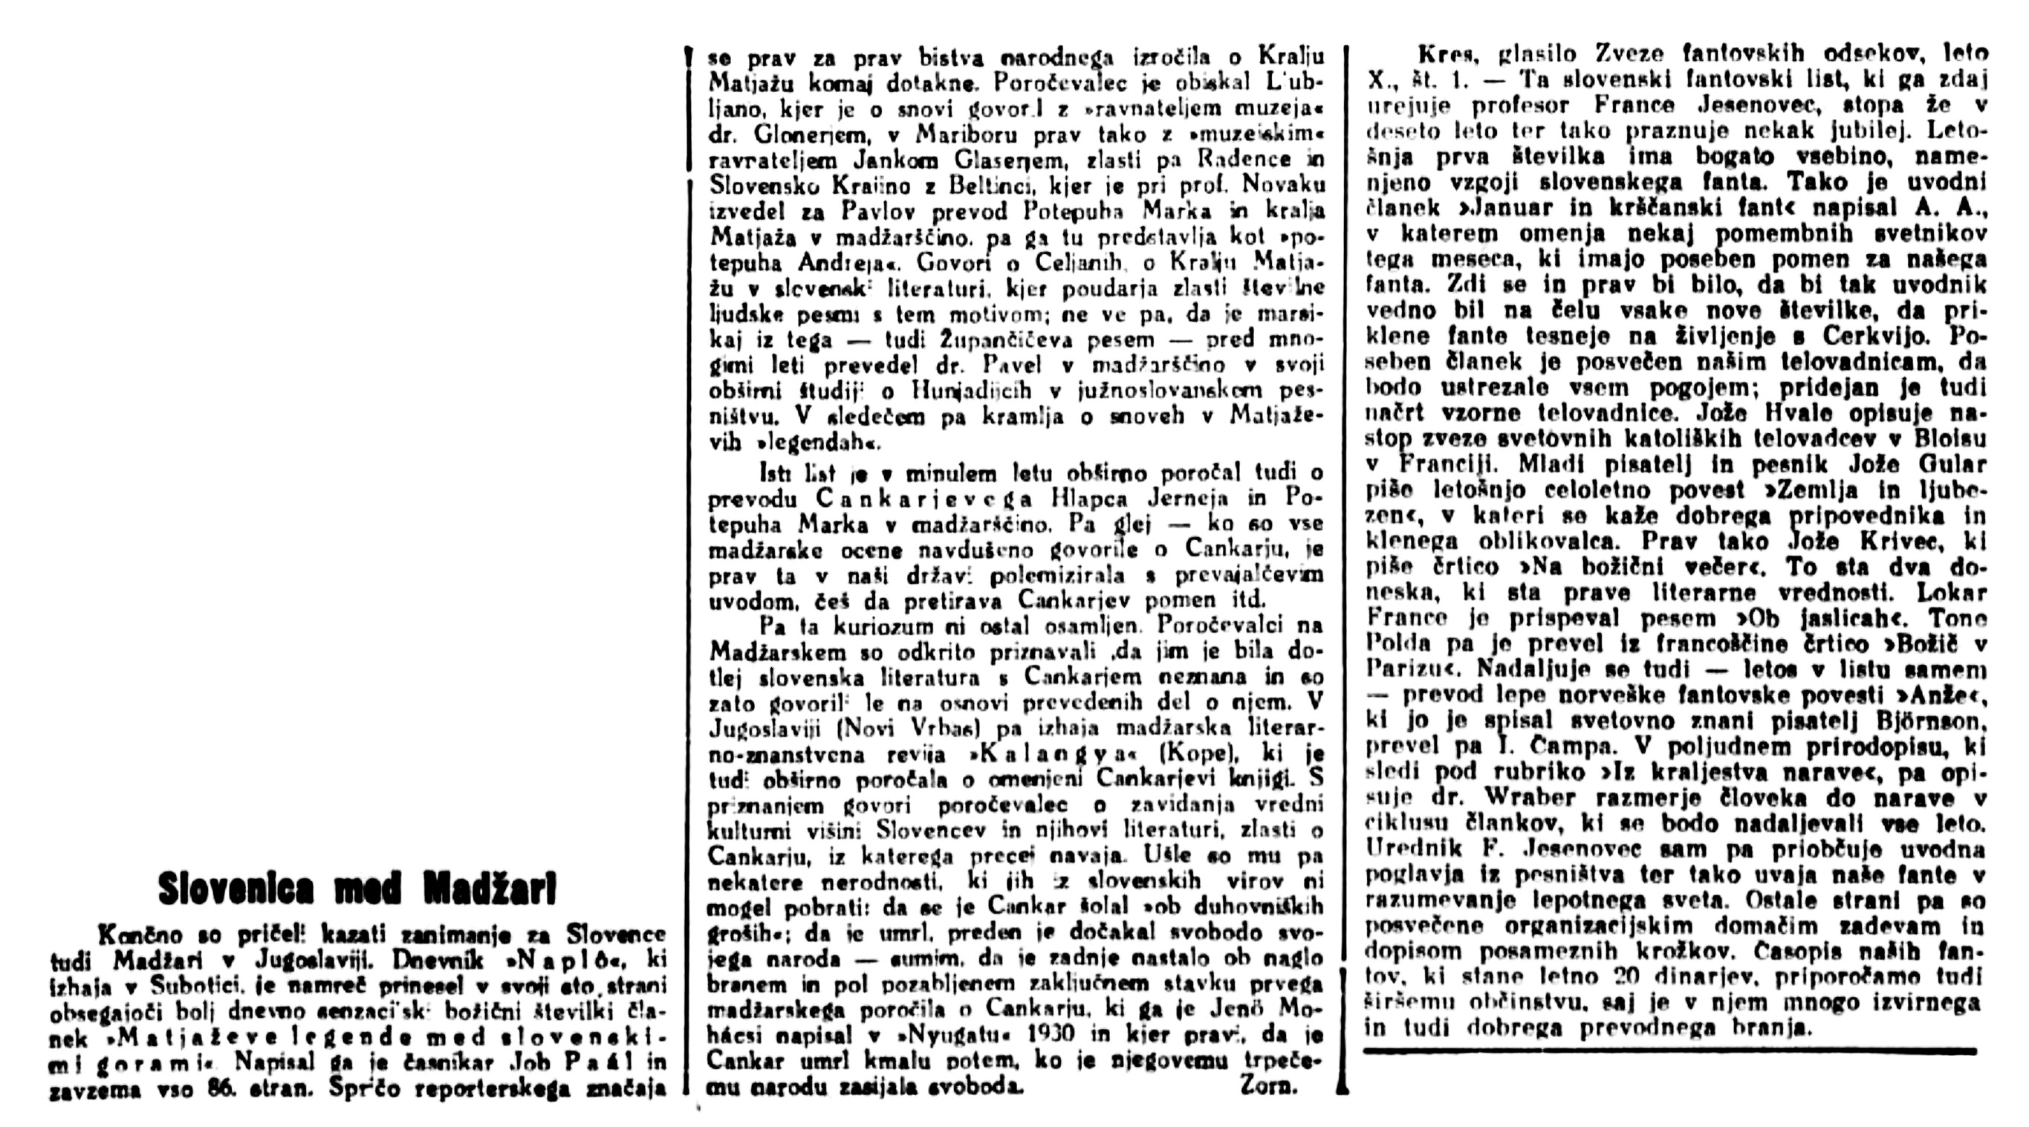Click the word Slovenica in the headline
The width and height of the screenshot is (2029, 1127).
[236, 889]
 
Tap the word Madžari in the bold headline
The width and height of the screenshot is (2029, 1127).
[490, 889]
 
